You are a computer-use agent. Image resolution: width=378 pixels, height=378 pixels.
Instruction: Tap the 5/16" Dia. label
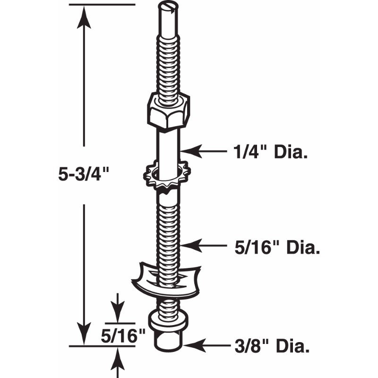[276, 247]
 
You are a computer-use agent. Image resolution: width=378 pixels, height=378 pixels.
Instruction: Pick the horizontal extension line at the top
[102, 4]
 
